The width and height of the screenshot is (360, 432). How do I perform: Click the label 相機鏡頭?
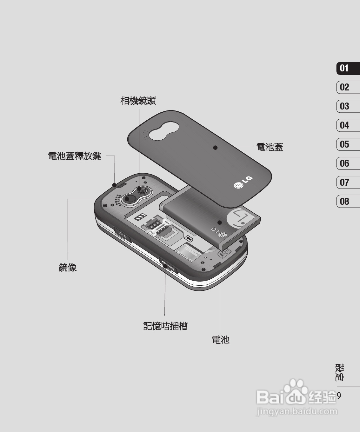pos(138,101)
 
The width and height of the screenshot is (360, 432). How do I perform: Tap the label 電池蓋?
pos(270,147)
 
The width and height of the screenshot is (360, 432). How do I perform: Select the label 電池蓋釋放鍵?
pos(75,156)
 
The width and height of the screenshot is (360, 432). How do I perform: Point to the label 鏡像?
pos(68,268)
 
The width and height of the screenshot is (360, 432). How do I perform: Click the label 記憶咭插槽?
pos(165,326)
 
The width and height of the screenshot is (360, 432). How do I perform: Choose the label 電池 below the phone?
pos(220,340)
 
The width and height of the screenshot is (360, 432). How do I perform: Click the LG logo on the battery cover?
pos(243,182)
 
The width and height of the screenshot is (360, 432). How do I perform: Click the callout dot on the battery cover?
pos(215,147)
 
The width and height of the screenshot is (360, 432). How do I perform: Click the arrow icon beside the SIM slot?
pos(189,238)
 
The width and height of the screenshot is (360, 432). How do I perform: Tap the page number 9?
pos(339,396)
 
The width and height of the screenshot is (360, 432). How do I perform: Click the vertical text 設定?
pos(339,372)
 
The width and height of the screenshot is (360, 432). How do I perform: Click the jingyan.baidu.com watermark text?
pos(297,412)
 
